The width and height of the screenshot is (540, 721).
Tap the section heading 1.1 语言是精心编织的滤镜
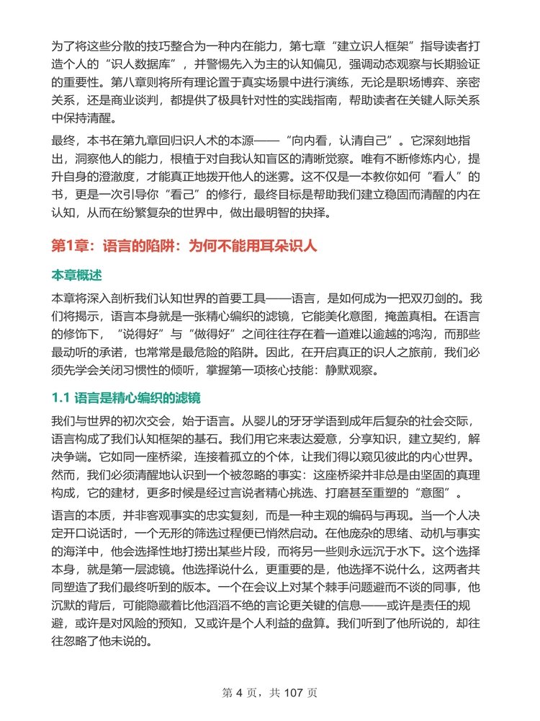pos(126,397)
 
